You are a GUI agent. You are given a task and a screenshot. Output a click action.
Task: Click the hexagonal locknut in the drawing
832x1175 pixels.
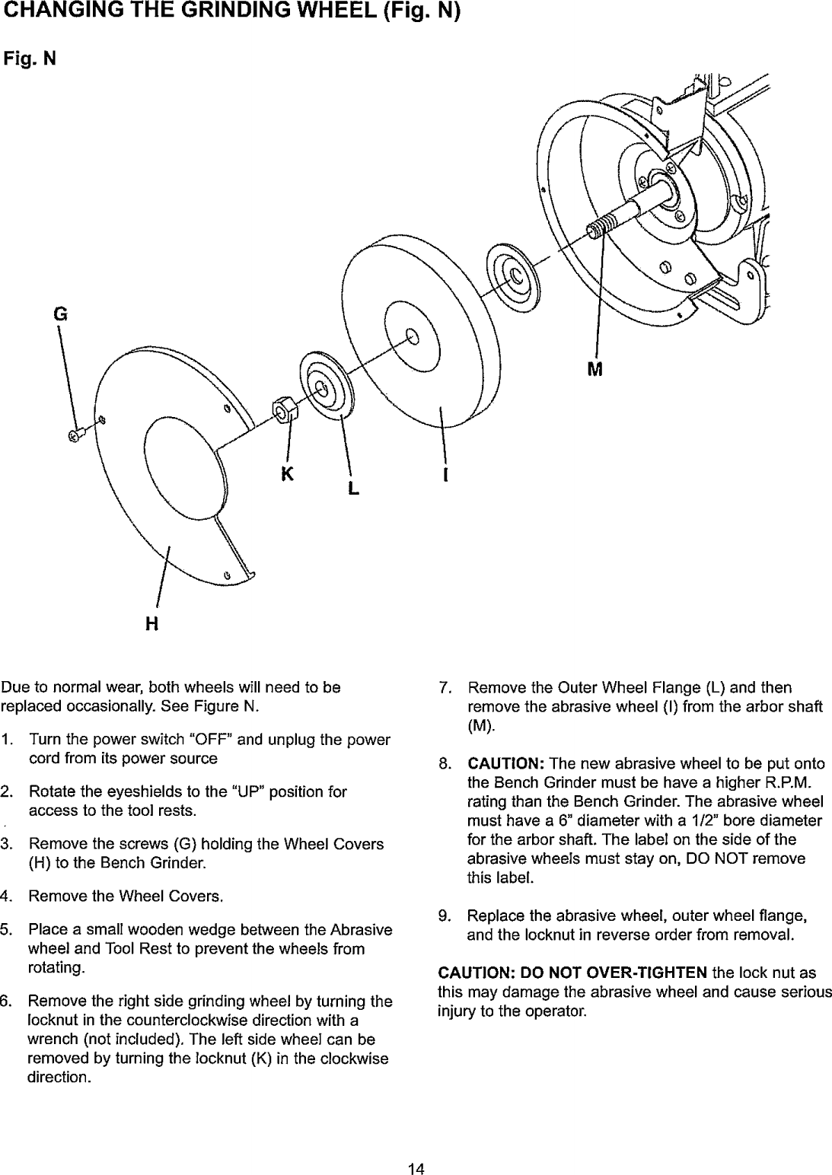click(x=285, y=411)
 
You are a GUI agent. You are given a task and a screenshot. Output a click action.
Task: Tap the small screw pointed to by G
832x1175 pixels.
click(x=75, y=435)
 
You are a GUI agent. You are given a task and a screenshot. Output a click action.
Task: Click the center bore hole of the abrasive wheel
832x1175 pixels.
click(x=412, y=336)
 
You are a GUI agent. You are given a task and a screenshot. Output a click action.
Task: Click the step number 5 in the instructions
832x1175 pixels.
click(x=6, y=931)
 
